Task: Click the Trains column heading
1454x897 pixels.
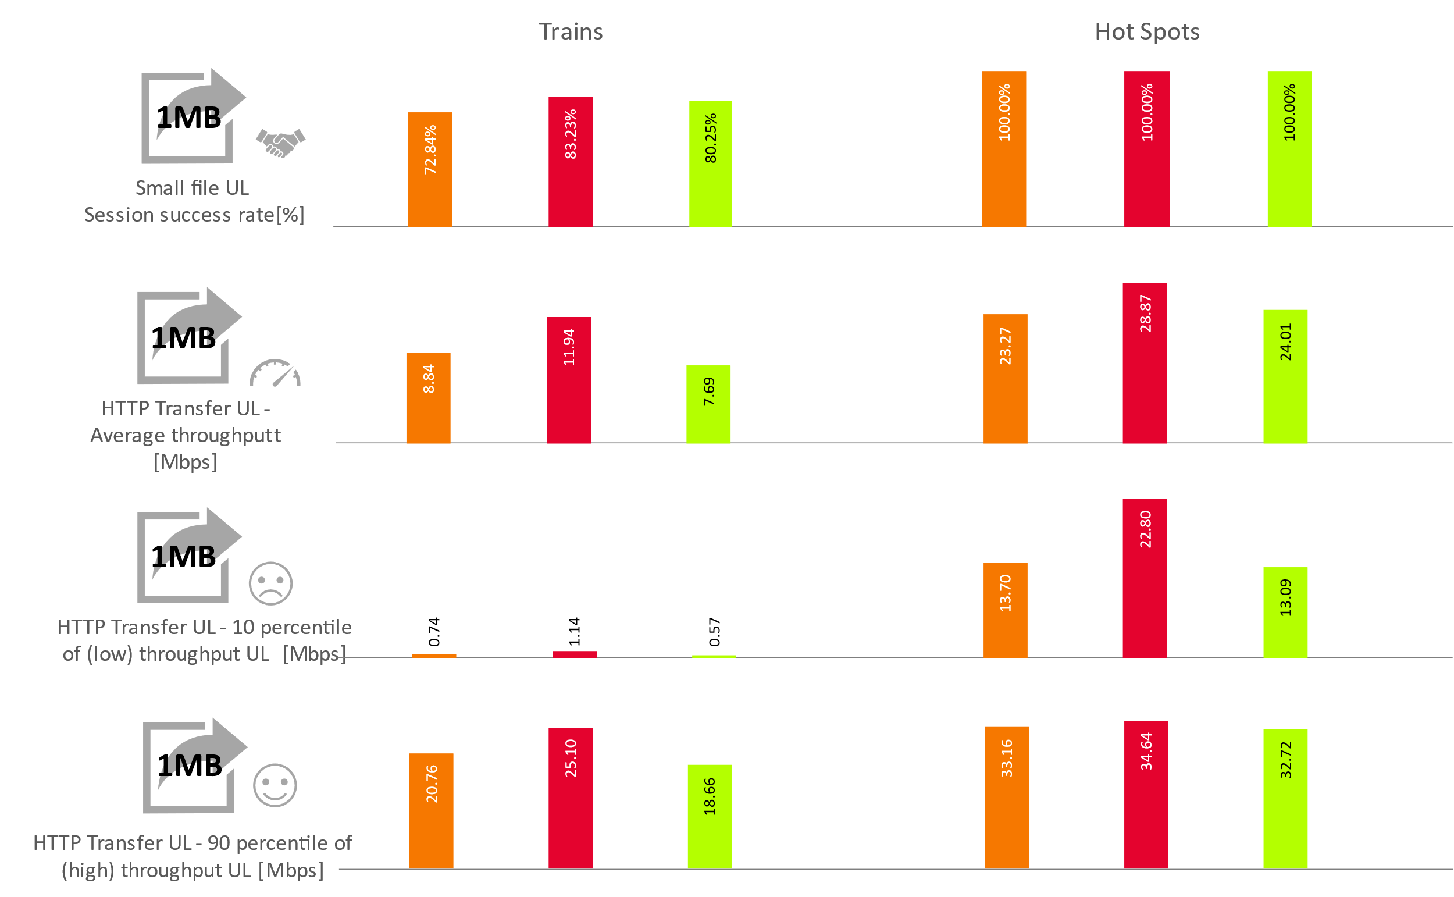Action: [571, 31]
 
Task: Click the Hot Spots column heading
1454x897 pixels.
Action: [1146, 31]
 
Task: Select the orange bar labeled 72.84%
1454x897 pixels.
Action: [430, 170]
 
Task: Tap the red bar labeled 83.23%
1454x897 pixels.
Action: [571, 161]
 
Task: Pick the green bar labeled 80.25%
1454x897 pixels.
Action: [710, 163]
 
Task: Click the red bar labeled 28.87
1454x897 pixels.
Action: [1145, 362]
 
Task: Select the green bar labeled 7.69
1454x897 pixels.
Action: [708, 404]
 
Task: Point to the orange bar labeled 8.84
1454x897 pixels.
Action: [428, 397]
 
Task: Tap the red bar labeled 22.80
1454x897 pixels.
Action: [1145, 578]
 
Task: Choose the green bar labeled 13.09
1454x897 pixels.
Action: [1285, 612]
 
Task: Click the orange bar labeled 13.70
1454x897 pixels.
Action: [1005, 610]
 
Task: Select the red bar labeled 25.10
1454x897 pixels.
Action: [571, 798]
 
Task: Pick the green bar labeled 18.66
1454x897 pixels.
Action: [709, 816]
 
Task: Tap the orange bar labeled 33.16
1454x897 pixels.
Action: [1007, 797]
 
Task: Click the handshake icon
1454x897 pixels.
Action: [280, 143]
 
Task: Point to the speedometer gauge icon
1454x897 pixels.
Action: [275, 373]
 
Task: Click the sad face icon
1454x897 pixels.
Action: [270, 584]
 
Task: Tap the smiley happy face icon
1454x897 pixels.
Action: [275, 785]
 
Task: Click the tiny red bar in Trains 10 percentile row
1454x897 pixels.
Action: [575, 654]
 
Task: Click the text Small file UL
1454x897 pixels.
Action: [192, 188]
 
